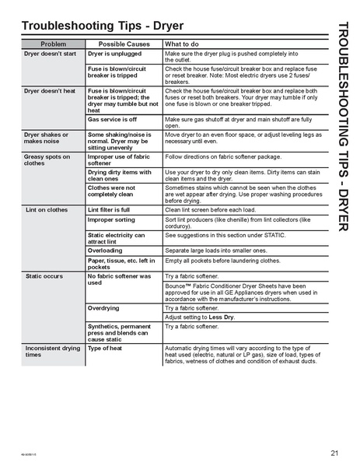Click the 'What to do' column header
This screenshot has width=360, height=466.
(183, 44)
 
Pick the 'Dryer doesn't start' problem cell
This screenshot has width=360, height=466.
(51, 54)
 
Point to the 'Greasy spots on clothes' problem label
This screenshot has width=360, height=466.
(47, 160)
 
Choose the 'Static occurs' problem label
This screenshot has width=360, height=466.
(44, 276)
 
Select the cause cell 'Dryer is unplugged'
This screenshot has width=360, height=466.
(114, 54)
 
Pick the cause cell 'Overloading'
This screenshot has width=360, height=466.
(105, 251)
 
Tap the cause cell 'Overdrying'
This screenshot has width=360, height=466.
(103, 308)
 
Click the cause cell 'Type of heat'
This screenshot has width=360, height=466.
(105, 349)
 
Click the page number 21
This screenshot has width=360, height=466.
(334, 453)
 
